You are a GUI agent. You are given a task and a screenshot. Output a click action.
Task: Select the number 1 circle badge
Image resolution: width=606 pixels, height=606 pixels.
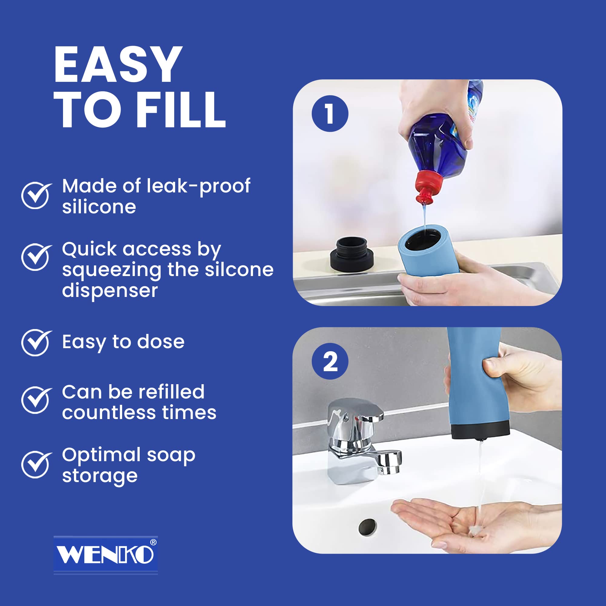(330, 114)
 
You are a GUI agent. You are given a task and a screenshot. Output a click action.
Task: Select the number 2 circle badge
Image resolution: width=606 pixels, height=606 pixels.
(330, 362)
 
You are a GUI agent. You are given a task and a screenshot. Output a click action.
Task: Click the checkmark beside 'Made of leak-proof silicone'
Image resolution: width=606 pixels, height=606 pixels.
(36, 195)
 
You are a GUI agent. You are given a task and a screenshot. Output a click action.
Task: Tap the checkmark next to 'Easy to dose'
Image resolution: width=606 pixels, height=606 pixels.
(36, 342)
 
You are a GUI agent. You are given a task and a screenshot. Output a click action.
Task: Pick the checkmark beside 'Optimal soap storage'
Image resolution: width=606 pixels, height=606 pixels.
(36, 464)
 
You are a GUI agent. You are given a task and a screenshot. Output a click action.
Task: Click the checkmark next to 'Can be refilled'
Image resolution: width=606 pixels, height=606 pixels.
(36, 400)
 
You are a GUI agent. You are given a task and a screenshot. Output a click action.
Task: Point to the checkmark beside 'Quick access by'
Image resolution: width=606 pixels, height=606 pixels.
(36, 257)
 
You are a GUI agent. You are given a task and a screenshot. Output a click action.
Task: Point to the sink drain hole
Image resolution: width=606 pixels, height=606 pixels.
(367, 527)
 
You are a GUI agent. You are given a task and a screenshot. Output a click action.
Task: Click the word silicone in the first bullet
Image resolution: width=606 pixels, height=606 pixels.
(99, 207)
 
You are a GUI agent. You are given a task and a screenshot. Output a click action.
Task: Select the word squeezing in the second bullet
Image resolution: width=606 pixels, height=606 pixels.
(112, 270)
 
